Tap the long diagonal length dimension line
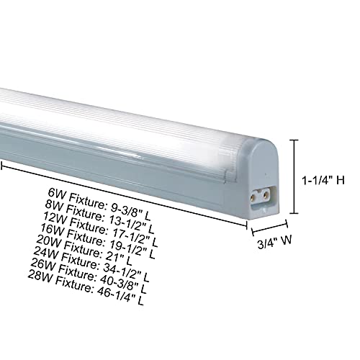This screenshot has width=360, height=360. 122,192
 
